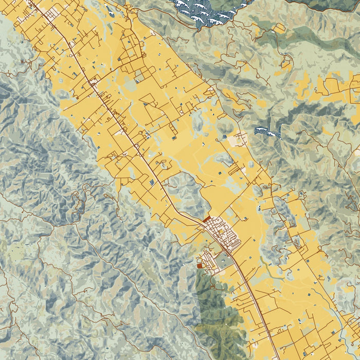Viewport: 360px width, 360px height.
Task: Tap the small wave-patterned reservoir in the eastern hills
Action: pos(267,132)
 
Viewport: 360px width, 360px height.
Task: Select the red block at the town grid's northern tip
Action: pos(206,220)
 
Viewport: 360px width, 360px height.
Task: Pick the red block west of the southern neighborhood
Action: pos(200,265)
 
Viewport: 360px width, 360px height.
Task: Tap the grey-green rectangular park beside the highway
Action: pos(223,263)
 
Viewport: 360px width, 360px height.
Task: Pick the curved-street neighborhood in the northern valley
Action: pos(132,49)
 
